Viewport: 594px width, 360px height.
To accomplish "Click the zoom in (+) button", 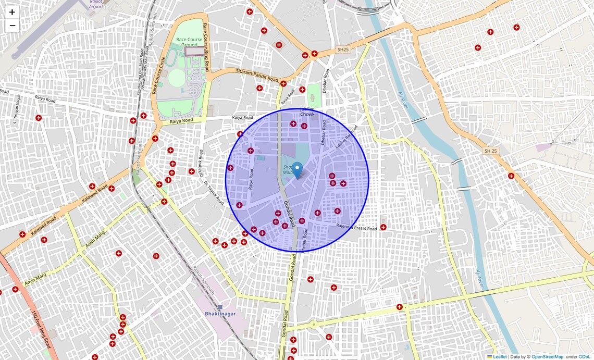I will (x=12, y=12).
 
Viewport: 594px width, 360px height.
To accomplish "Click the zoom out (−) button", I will (x=12, y=26).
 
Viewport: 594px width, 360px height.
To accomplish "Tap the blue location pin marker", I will (x=297, y=170).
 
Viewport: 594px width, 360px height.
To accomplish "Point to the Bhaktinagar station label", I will (x=220, y=314).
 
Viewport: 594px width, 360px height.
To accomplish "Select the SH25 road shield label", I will (x=342, y=49).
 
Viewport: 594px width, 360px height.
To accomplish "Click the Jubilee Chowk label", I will (x=307, y=111).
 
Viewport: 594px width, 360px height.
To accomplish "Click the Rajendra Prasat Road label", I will (x=356, y=228).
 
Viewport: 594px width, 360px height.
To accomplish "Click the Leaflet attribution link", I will (x=500, y=357).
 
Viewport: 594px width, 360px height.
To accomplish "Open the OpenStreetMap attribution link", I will (x=547, y=357).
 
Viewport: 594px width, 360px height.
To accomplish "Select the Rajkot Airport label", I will (x=96, y=4).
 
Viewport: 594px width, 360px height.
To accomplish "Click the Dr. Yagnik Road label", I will (x=214, y=193).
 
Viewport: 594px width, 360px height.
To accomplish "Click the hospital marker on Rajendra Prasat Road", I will (x=383, y=227).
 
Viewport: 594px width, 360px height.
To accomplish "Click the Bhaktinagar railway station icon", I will (x=220, y=307).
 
